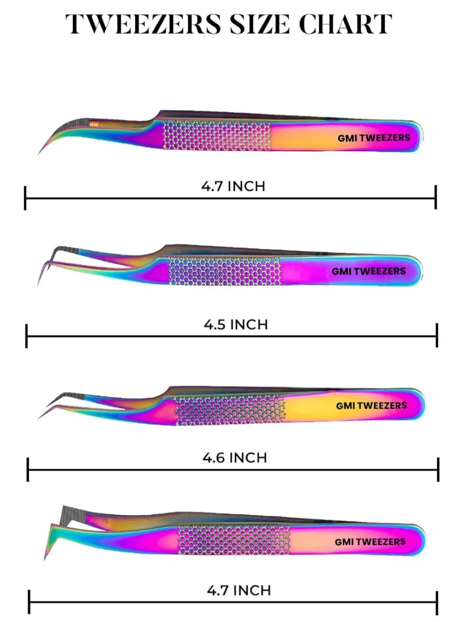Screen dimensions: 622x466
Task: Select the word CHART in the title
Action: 345,24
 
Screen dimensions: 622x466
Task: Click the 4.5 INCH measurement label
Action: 236,324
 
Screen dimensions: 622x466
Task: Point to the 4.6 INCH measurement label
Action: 235,457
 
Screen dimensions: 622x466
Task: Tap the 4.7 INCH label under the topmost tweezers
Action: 233,186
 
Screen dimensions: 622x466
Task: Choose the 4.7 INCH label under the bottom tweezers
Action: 239,590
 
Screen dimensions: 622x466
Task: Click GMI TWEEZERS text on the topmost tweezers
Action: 374,138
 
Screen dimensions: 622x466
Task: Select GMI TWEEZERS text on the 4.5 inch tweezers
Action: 368,271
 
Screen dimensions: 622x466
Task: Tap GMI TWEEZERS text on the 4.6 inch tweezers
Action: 371,406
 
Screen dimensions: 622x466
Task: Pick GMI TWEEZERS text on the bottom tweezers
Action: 370,542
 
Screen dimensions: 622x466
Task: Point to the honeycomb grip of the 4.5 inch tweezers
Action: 224,271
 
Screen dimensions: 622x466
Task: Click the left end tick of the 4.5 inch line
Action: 27,336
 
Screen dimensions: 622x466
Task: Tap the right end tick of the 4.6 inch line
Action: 438,470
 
